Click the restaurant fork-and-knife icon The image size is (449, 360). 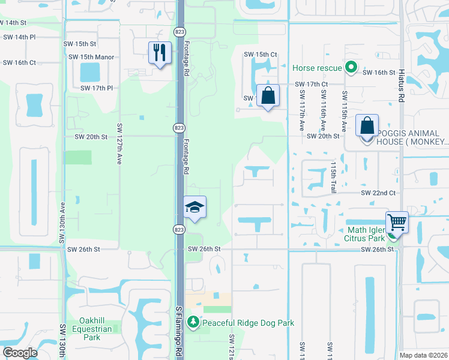pyautogui.click(x=160, y=53)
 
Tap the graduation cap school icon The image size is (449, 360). pyautogui.click(x=195, y=208)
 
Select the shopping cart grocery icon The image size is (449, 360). pyautogui.click(x=397, y=222)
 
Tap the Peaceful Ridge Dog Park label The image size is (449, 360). pyautogui.click(x=248, y=323)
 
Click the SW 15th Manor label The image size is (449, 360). pyautogui.click(x=91, y=57)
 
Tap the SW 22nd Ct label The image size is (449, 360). pyautogui.click(x=378, y=193)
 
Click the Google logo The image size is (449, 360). pyautogui.click(x=20, y=353)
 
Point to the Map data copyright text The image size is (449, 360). pyautogui.click(x=423, y=355)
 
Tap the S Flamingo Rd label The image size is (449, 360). pyautogui.click(x=179, y=333)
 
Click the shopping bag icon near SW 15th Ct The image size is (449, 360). pyautogui.click(x=268, y=95)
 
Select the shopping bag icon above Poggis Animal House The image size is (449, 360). pyautogui.click(x=367, y=126)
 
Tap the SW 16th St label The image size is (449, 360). pyautogui.click(x=379, y=72)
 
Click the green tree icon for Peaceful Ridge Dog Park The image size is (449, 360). pyautogui.click(x=193, y=323)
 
